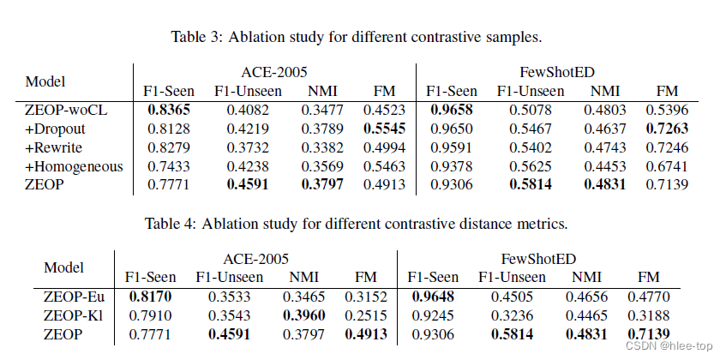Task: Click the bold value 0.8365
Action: (168, 110)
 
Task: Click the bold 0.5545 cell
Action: (372, 129)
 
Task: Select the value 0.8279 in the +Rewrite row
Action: (168, 147)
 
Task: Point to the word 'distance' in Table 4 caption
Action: (464, 226)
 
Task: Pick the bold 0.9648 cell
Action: (433, 297)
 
